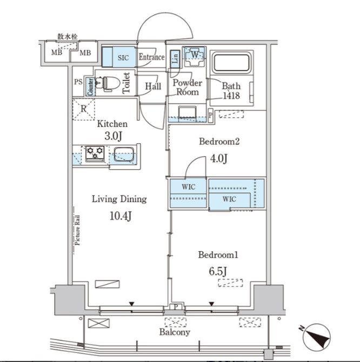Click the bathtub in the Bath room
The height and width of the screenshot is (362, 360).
coord(231,63)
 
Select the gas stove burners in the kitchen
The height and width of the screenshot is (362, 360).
coord(95,153)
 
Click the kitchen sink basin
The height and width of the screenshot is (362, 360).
coord(124,154)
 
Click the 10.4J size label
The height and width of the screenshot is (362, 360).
coord(121,216)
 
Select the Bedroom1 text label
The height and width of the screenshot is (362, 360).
coord(218,255)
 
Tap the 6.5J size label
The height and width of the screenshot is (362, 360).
coord(218,271)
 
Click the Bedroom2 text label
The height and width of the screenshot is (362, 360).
coord(219,142)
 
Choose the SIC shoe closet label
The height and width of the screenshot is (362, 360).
coord(123,57)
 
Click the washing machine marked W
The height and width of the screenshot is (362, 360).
coord(195,56)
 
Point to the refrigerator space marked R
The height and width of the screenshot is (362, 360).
coord(83,109)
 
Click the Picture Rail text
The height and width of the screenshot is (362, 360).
coord(78,230)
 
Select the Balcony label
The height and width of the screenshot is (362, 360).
coord(175,332)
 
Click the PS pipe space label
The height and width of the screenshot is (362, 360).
coord(78,82)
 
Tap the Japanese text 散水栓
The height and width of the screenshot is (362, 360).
coord(68,37)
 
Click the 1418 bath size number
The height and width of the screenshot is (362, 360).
coord(231,96)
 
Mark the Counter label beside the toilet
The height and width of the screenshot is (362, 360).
coord(90,87)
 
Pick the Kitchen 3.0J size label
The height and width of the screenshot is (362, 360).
coord(113,136)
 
